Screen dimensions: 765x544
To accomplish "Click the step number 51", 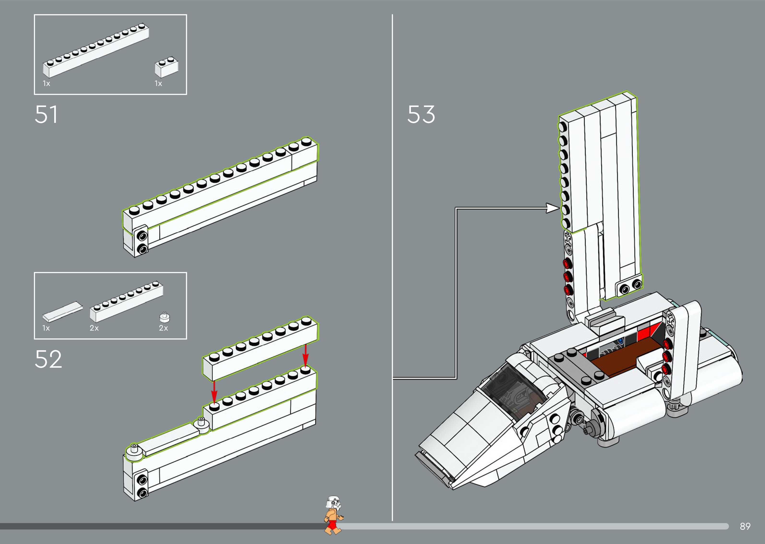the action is (46, 115).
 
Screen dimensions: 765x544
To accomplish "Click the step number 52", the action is (48, 359).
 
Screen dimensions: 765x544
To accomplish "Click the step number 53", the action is (421, 115).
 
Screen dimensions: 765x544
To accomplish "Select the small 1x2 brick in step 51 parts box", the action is (166, 68).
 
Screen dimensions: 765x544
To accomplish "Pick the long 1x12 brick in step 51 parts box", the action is (96, 51).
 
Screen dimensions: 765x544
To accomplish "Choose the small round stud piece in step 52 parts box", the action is (165, 317).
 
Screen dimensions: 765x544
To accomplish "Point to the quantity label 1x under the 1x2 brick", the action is (158, 84).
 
